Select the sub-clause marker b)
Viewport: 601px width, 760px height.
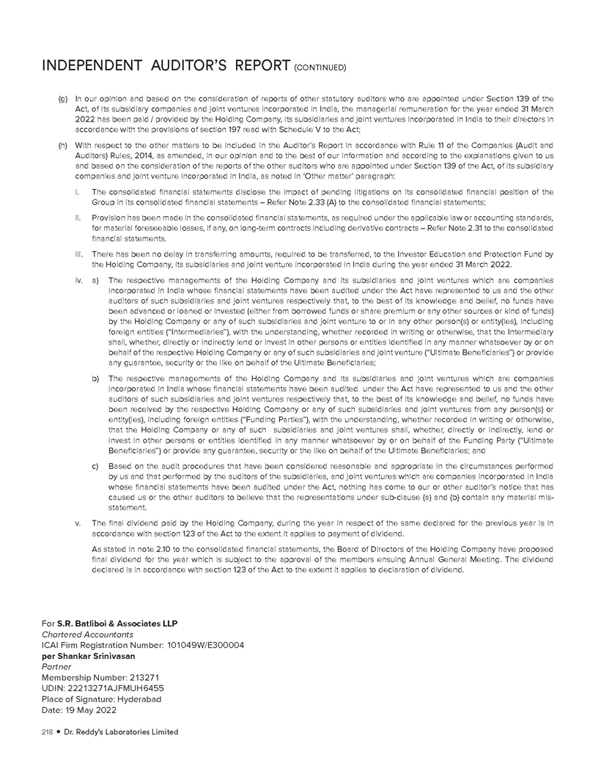pyautogui.click(x=95, y=378)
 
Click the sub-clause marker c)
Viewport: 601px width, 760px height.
pyautogui.click(x=95, y=465)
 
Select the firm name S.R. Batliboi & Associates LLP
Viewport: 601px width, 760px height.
pyautogui.click(x=121, y=624)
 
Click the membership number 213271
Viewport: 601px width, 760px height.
pyautogui.click(x=143, y=678)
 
